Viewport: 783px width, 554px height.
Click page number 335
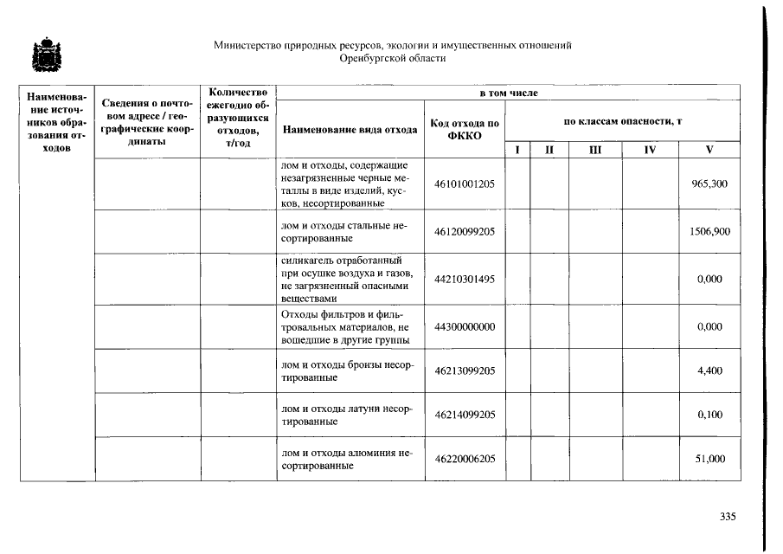coord(727,518)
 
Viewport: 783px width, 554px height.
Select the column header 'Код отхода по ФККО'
coord(465,130)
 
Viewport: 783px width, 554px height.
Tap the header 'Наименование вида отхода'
coord(350,130)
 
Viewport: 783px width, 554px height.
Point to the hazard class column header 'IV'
coord(650,150)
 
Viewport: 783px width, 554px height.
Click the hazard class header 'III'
coord(594,150)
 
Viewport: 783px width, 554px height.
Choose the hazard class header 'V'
coord(709,150)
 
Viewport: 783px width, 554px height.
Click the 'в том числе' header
coord(509,92)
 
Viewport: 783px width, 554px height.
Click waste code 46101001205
coord(465,184)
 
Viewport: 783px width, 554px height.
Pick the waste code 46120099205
coord(465,232)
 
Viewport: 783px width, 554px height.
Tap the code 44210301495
coord(465,280)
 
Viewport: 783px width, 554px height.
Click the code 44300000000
coord(465,327)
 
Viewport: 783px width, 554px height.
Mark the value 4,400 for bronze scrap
coord(710,370)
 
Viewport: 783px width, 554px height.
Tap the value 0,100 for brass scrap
coord(710,415)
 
